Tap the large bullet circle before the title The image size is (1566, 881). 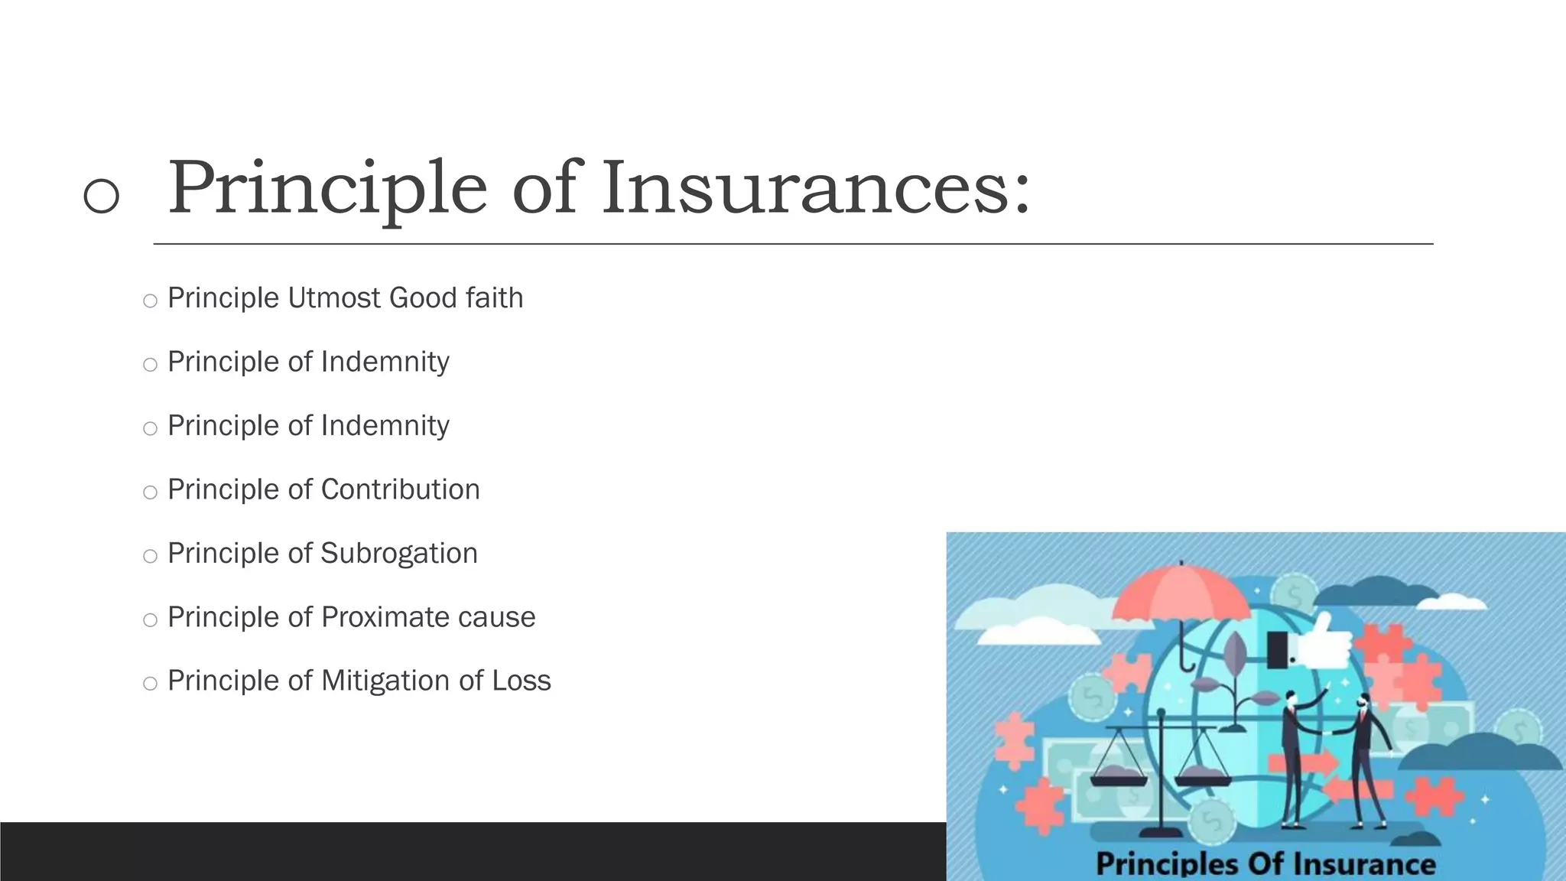(101, 195)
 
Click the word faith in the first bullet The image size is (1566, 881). (495, 298)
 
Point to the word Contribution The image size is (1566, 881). (400, 490)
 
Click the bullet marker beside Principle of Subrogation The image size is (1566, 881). (150, 556)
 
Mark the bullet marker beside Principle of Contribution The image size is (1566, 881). (150, 493)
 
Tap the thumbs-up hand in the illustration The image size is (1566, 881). (1321, 644)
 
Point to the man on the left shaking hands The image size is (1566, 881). (1293, 757)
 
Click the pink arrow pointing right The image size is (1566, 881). (1303, 763)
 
